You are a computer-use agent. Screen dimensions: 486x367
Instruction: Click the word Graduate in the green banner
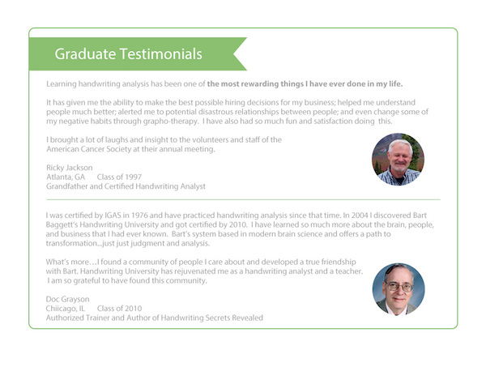85,54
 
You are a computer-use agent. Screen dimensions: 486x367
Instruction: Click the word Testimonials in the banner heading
161,54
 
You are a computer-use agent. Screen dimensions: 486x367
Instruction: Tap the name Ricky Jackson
70,168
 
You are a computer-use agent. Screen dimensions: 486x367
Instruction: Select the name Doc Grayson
67,299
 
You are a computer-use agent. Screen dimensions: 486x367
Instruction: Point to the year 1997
133,177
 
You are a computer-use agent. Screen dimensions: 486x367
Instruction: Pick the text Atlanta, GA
66,177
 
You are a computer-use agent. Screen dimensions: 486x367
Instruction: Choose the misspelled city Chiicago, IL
66,309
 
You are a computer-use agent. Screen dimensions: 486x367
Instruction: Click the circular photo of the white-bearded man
399,160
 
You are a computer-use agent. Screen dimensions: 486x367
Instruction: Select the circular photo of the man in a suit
399,289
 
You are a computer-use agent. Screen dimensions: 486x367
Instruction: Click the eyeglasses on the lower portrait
399,287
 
